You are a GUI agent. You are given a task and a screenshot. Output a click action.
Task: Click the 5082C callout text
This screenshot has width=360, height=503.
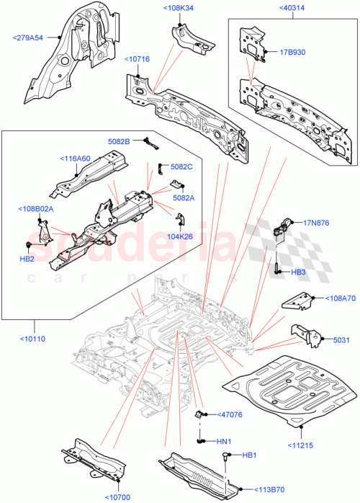182,166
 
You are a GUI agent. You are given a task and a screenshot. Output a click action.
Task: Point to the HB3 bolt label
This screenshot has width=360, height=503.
299,272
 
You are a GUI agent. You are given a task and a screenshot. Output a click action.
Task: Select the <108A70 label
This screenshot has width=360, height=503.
341,298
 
